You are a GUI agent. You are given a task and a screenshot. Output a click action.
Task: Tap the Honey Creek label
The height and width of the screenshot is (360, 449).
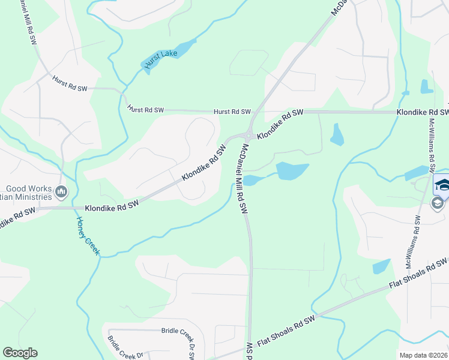(x=87, y=236)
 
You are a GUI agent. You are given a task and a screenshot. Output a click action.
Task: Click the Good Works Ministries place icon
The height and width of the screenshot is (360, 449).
(x=61, y=192)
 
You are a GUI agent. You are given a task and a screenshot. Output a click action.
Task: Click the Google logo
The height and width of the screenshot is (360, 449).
(x=20, y=353)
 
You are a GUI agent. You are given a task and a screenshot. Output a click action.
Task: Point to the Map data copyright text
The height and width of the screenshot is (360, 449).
(x=423, y=355)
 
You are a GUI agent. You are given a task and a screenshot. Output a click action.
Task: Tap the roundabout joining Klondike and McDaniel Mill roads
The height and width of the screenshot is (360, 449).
(x=248, y=134)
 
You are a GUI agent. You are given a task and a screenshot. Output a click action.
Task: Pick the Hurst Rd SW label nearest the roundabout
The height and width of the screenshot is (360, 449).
(x=232, y=112)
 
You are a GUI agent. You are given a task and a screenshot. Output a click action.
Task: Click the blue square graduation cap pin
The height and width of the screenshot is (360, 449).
(x=442, y=184)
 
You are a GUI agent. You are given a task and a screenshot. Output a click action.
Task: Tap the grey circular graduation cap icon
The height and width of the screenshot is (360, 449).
(x=438, y=204)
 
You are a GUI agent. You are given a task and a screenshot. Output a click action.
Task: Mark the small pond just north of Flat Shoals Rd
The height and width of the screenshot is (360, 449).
(x=381, y=266)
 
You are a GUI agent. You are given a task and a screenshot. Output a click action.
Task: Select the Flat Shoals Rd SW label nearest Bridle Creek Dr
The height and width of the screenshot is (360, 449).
(x=286, y=331)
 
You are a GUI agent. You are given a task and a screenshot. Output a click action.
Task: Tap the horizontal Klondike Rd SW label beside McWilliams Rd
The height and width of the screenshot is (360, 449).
(x=422, y=112)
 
